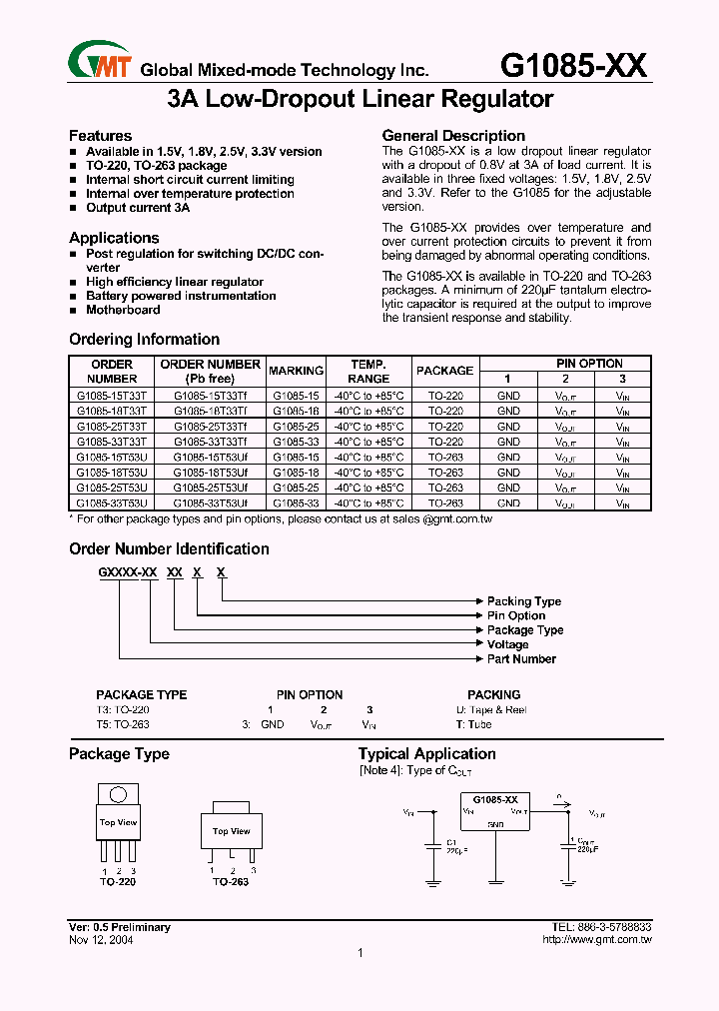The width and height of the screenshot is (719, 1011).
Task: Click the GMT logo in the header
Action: [x=101, y=62]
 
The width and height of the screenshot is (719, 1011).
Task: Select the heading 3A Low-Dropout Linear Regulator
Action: [x=359, y=100]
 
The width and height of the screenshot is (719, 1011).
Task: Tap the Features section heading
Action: [x=100, y=136]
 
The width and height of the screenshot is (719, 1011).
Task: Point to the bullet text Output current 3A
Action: [x=137, y=208]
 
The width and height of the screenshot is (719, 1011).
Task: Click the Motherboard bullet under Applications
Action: [x=122, y=310]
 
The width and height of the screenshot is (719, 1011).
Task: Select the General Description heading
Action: [x=453, y=136]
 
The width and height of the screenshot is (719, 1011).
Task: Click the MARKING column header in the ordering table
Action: [x=296, y=371]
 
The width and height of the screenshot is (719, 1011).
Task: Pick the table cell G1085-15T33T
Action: [x=112, y=396]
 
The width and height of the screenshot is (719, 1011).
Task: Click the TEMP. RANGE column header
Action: [x=368, y=372]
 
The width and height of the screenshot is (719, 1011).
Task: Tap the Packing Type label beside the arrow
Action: [x=523, y=601]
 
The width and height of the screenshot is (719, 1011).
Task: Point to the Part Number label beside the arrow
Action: [x=520, y=659]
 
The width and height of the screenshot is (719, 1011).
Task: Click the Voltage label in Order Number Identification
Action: [x=507, y=645]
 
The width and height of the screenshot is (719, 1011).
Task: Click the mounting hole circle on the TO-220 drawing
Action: [x=119, y=796]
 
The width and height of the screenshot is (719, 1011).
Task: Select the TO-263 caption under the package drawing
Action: [x=230, y=882]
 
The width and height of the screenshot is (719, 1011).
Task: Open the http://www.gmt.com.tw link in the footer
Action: [x=596, y=940]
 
